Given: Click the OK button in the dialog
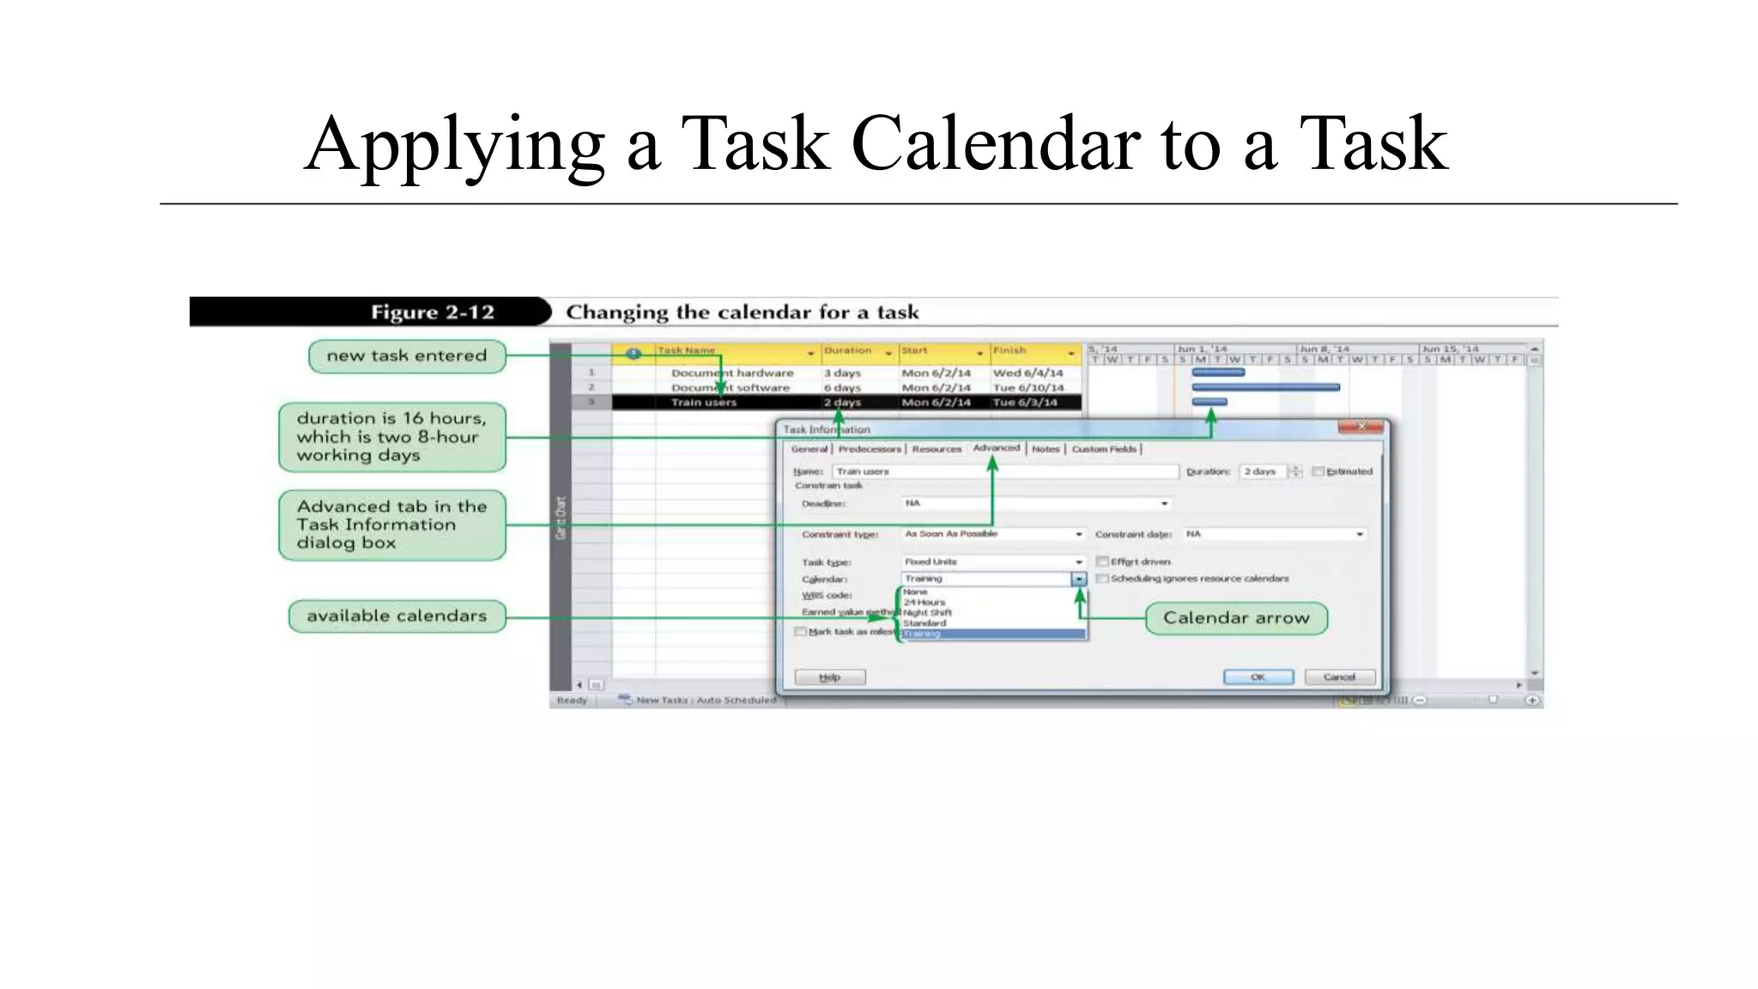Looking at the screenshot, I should point(1258,677).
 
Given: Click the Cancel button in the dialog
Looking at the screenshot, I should point(1339,677).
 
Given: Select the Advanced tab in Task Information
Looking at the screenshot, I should point(996,448).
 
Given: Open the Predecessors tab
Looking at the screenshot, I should point(870,449).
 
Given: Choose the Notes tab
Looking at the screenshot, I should point(1045,449).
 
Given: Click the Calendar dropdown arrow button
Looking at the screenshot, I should point(1079,579).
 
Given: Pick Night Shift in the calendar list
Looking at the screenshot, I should point(927,613).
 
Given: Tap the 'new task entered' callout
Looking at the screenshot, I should point(407,356).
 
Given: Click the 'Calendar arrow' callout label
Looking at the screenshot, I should point(1236,618).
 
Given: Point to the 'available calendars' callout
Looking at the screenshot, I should point(397,616).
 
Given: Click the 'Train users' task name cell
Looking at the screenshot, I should point(704,403).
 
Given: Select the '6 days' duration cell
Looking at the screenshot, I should point(842,388).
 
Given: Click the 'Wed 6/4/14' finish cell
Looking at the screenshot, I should point(1028,373).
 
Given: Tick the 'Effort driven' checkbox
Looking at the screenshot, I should point(1102,561).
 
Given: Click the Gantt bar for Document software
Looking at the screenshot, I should point(1265,388).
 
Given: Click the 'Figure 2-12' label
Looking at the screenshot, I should point(432,312).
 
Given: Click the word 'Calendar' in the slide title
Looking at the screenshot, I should point(996,143).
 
